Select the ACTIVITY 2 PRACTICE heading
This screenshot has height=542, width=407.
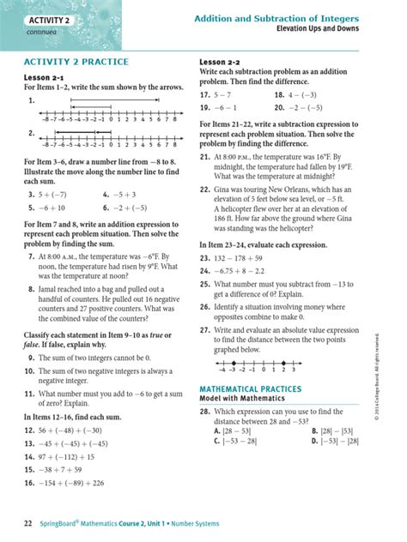click(77, 63)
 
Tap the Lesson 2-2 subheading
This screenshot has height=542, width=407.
click(225, 63)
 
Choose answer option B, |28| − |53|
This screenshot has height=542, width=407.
click(331, 431)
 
